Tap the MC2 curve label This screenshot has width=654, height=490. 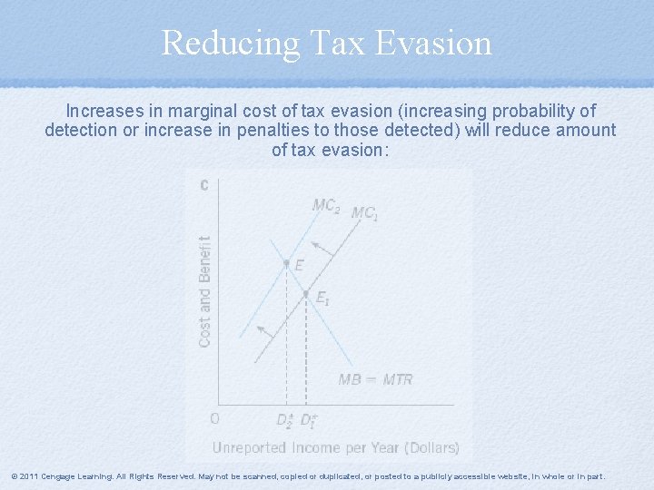tap(326, 206)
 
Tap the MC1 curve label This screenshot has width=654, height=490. tap(365, 213)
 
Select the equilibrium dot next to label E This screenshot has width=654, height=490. tap(286, 264)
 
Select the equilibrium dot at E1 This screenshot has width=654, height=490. tap(306, 293)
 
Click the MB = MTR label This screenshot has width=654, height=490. tap(375, 379)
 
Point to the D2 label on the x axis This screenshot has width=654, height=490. tap(285, 420)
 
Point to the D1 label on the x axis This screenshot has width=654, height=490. tap(309, 420)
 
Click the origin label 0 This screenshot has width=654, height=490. tap(214, 419)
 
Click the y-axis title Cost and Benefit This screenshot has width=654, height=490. tap(205, 290)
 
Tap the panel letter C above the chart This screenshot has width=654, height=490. tap(204, 185)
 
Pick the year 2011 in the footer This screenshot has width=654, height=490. tap(28, 476)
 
